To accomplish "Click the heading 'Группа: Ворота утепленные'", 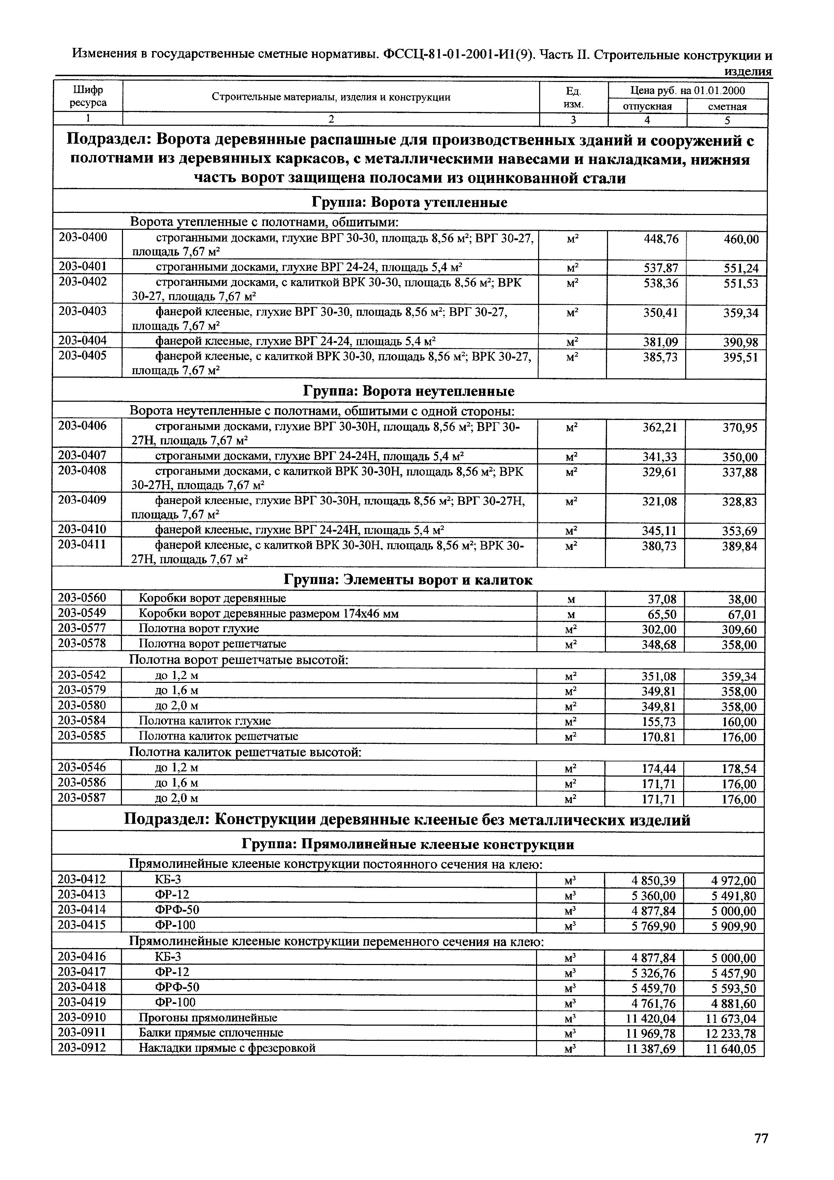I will (x=410, y=203).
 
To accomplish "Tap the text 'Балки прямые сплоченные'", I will (x=211, y=1033).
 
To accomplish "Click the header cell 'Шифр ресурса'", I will (x=88, y=96).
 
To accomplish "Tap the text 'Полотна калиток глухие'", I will (x=205, y=721).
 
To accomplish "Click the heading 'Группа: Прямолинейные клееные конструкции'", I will (x=408, y=844).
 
